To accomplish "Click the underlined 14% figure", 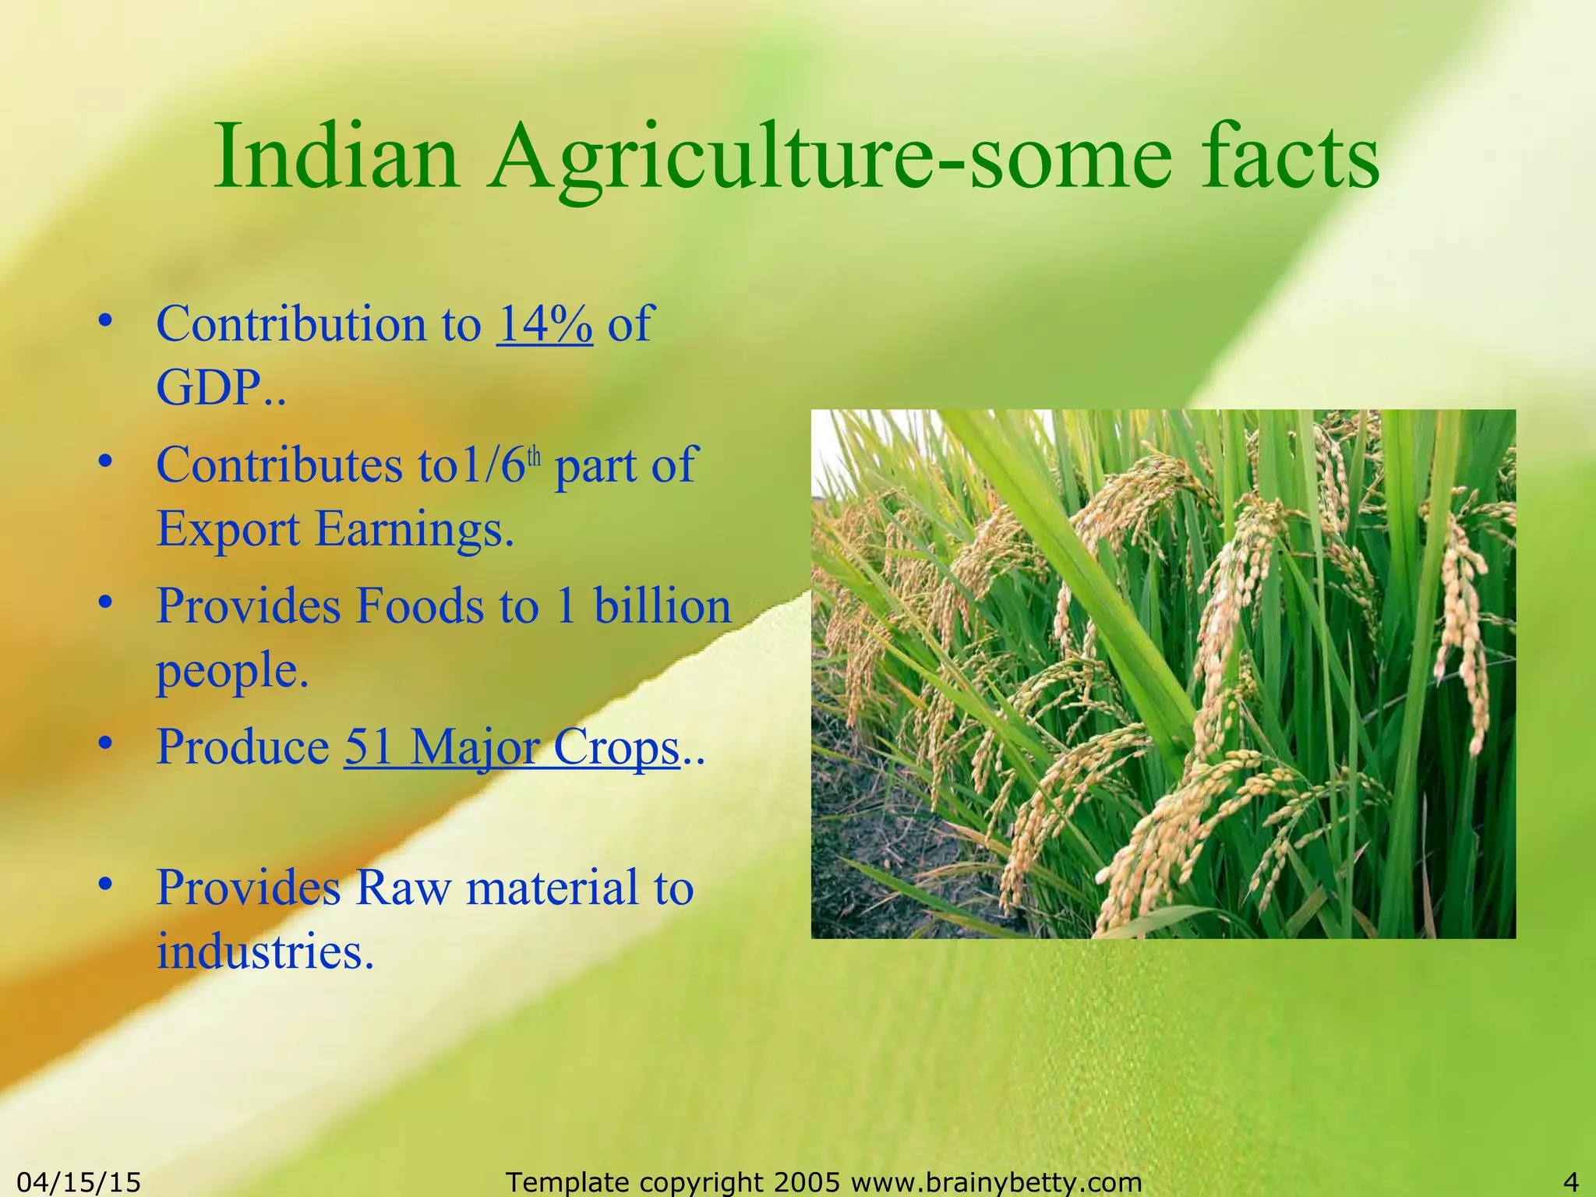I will click(x=545, y=323).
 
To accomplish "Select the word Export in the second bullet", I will click(x=228, y=530).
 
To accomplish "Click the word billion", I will click(x=662, y=606).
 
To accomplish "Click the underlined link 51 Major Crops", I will click(x=512, y=747).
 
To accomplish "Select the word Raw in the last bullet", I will click(x=403, y=888).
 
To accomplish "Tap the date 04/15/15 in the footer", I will click(x=79, y=1182).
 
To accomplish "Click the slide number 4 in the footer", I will click(x=1571, y=1182).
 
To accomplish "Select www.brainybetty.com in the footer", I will click(x=997, y=1182).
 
